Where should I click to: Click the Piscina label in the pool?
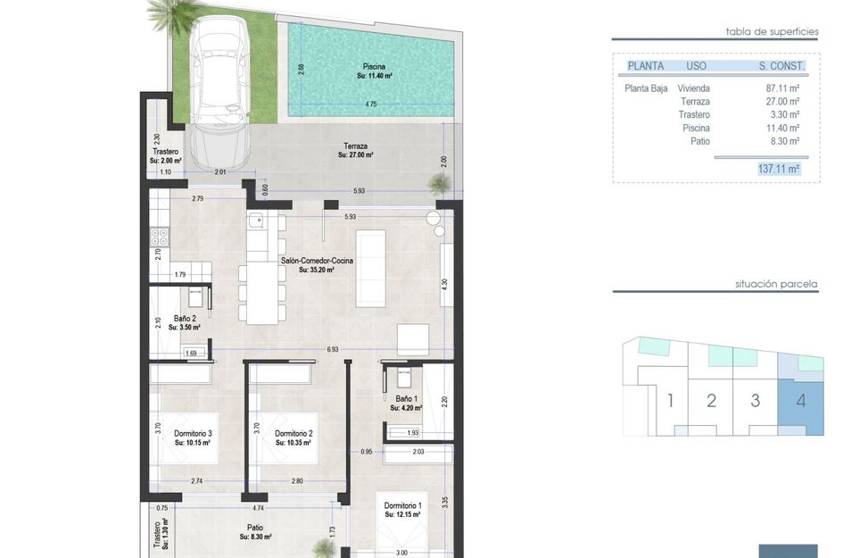point(374,67)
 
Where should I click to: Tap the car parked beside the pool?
point(220,92)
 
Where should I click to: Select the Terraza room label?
point(355,146)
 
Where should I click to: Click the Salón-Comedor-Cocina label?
point(317,261)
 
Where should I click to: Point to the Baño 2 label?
point(185,318)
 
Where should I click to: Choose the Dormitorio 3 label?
point(193,433)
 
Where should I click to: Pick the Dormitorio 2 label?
point(293,433)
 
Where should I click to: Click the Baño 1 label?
point(406,399)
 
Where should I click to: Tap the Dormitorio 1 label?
point(402,505)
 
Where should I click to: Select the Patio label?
point(255,528)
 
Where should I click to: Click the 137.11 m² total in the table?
point(779,169)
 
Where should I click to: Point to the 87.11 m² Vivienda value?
point(782,88)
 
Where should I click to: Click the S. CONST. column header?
point(781,66)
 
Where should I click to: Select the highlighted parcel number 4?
point(800,401)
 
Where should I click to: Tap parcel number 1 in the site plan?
point(670,401)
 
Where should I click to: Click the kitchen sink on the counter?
point(256,220)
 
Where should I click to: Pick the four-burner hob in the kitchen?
point(159,237)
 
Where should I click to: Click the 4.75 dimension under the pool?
point(371,104)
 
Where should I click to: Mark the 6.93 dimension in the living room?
point(333,349)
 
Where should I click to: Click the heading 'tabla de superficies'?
point(772,32)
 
